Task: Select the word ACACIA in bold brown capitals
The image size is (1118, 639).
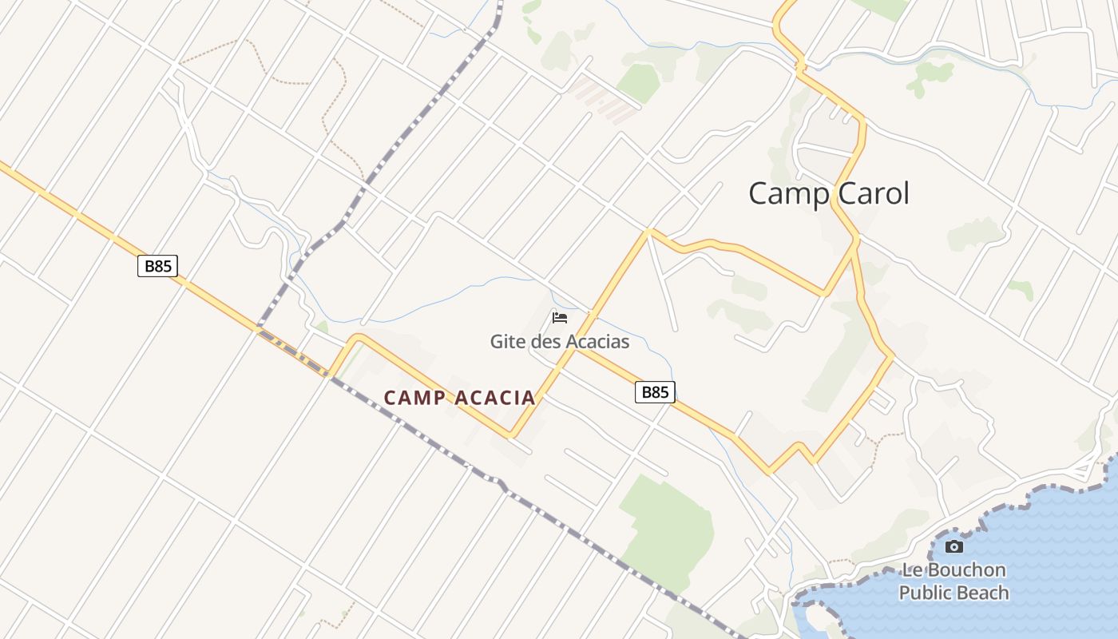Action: tap(495, 398)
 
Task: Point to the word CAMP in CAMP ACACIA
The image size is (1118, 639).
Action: tap(414, 398)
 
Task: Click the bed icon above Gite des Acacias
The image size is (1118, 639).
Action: tap(560, 318)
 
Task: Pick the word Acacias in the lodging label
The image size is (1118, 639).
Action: tap(598, 342)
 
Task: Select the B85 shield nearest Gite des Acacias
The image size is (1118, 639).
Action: tap(655, 391)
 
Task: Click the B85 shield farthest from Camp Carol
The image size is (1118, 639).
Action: tap(157, 266)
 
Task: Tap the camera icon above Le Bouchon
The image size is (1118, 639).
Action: tap(953, 547)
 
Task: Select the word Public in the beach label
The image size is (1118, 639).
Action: tap(926, 593)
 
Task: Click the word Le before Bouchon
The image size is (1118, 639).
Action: tap(912, 570)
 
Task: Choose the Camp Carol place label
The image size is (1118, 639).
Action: tap(829, 193)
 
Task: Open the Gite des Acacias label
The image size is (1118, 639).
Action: tap(559, 342)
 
